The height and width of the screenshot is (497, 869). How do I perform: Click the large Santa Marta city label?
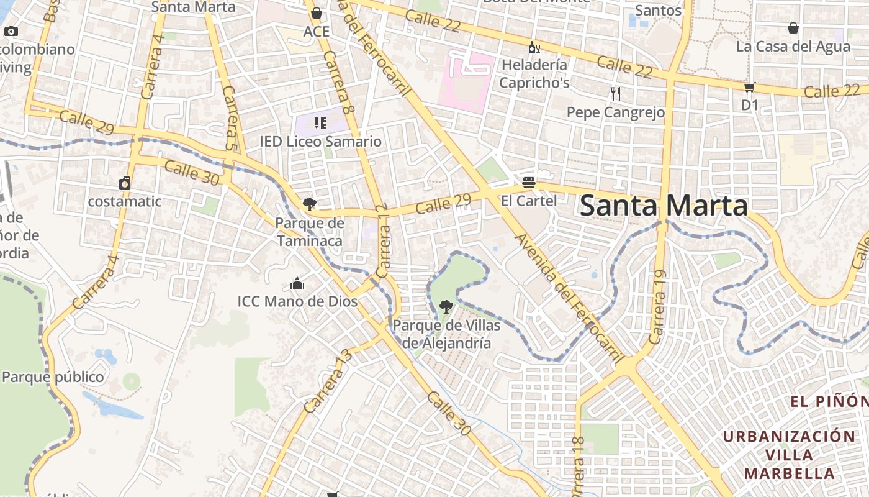point(663,206)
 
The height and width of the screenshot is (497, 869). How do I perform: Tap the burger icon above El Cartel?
point(529,182)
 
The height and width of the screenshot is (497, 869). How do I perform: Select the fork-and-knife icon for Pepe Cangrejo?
point(615,94)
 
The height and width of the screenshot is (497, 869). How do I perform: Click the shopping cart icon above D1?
point(750,88)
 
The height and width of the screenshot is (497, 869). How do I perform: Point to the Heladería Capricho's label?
point(534,73)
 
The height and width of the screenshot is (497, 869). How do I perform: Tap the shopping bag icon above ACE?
point(317,13)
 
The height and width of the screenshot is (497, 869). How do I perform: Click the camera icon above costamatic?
point(125,183)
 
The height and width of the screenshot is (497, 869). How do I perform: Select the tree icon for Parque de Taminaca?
point(308,204)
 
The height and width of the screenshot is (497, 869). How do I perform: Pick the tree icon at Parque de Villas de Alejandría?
point(446,306)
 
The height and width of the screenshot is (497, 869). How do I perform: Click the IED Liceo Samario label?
point(320,142)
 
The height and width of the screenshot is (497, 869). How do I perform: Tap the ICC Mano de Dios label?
point(297,301)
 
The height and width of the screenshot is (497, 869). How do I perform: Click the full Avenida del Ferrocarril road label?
point(569,299)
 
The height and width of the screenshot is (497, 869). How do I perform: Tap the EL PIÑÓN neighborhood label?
point(829,401)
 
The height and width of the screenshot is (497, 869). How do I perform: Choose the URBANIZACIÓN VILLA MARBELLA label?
point(788,455)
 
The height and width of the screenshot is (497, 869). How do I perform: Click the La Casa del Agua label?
point(793,47)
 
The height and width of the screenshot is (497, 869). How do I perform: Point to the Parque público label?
point(53,377)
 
